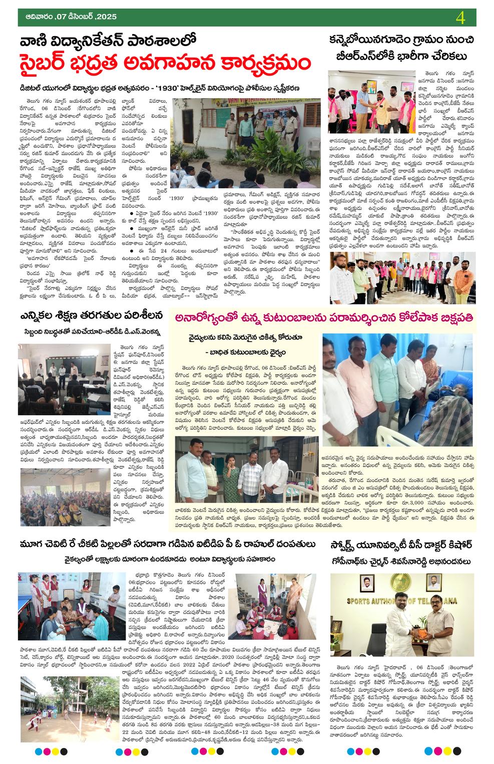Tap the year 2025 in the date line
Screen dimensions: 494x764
pyautogui.click(x=105, y=17)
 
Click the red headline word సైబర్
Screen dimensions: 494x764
pyautogui.click(x=50, y=65)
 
